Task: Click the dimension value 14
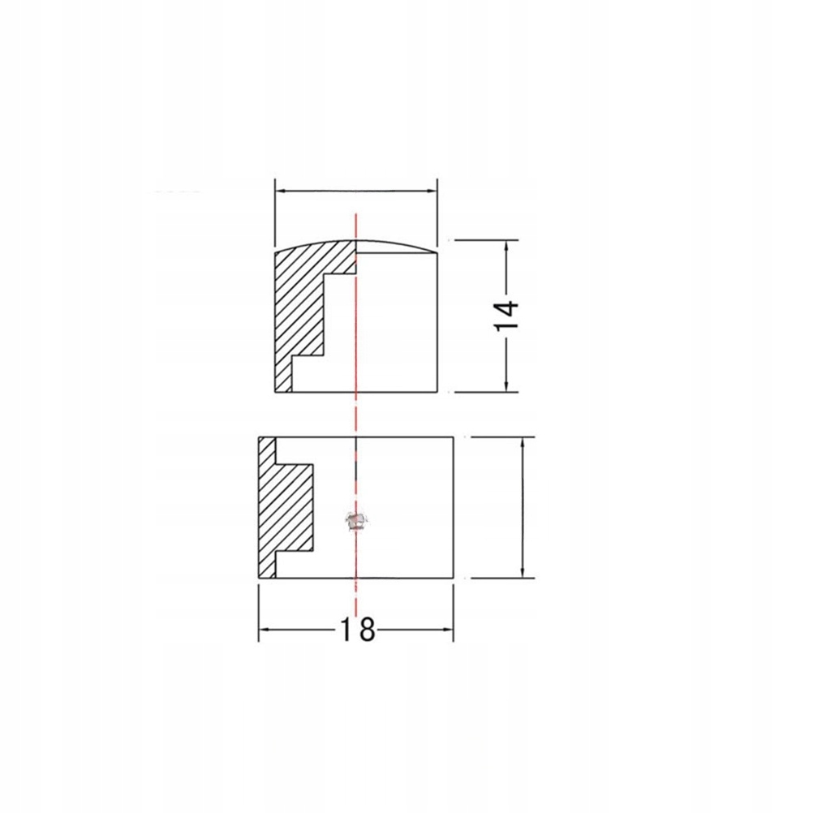point(506,316)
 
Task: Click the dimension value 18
point(357,630)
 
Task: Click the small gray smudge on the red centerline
point(356,521)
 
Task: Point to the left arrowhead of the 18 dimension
point(264,630)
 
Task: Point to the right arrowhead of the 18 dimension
point(449,630)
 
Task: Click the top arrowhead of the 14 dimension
point(506,246)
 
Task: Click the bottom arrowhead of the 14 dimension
point(506,386)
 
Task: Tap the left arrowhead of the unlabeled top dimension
point(280,191)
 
